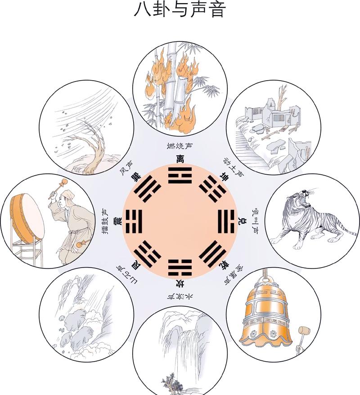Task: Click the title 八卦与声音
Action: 180,10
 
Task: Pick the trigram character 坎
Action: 180,284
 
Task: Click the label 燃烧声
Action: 180,147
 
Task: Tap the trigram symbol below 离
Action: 180,175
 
